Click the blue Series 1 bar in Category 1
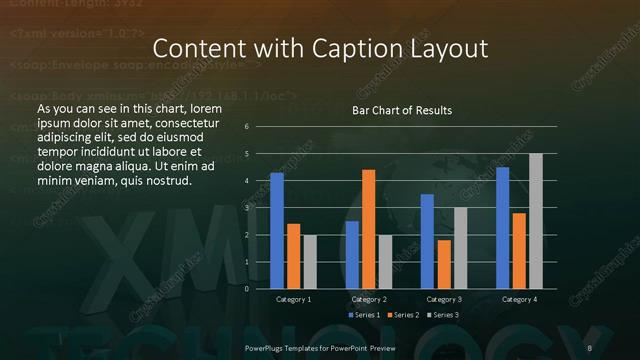[276, 231]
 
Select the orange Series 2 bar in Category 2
[368, 229]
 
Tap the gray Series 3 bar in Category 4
[535, 221]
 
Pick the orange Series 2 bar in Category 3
[444, 264]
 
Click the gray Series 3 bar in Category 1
[310, 262]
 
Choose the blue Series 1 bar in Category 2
[352, 255]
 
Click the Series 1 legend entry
[365, 315]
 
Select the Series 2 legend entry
[403, 315]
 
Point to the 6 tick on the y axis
[247, 127]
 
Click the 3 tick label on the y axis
[247, 208]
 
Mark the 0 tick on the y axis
[247, 289]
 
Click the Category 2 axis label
[368, 300]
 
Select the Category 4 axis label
[519, 300]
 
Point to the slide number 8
[590, 347]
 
